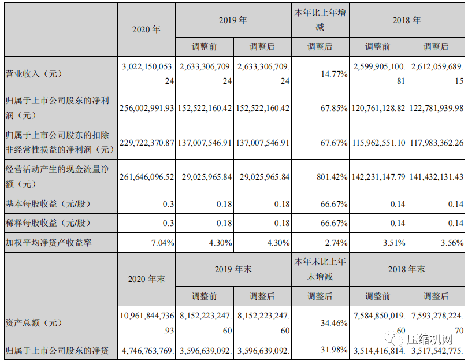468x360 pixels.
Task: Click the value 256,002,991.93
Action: click(x=146, y=108)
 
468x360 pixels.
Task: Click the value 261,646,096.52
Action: click(x=146, y=177)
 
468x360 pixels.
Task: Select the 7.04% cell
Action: click(x=161, y=243)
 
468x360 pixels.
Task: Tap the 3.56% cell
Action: click(x=451, y=243)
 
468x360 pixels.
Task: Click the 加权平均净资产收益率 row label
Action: click(x=49, y=243)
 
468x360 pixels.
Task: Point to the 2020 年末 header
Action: click(x=146, y=279)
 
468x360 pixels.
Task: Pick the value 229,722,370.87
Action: click(x=146, y=142)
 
